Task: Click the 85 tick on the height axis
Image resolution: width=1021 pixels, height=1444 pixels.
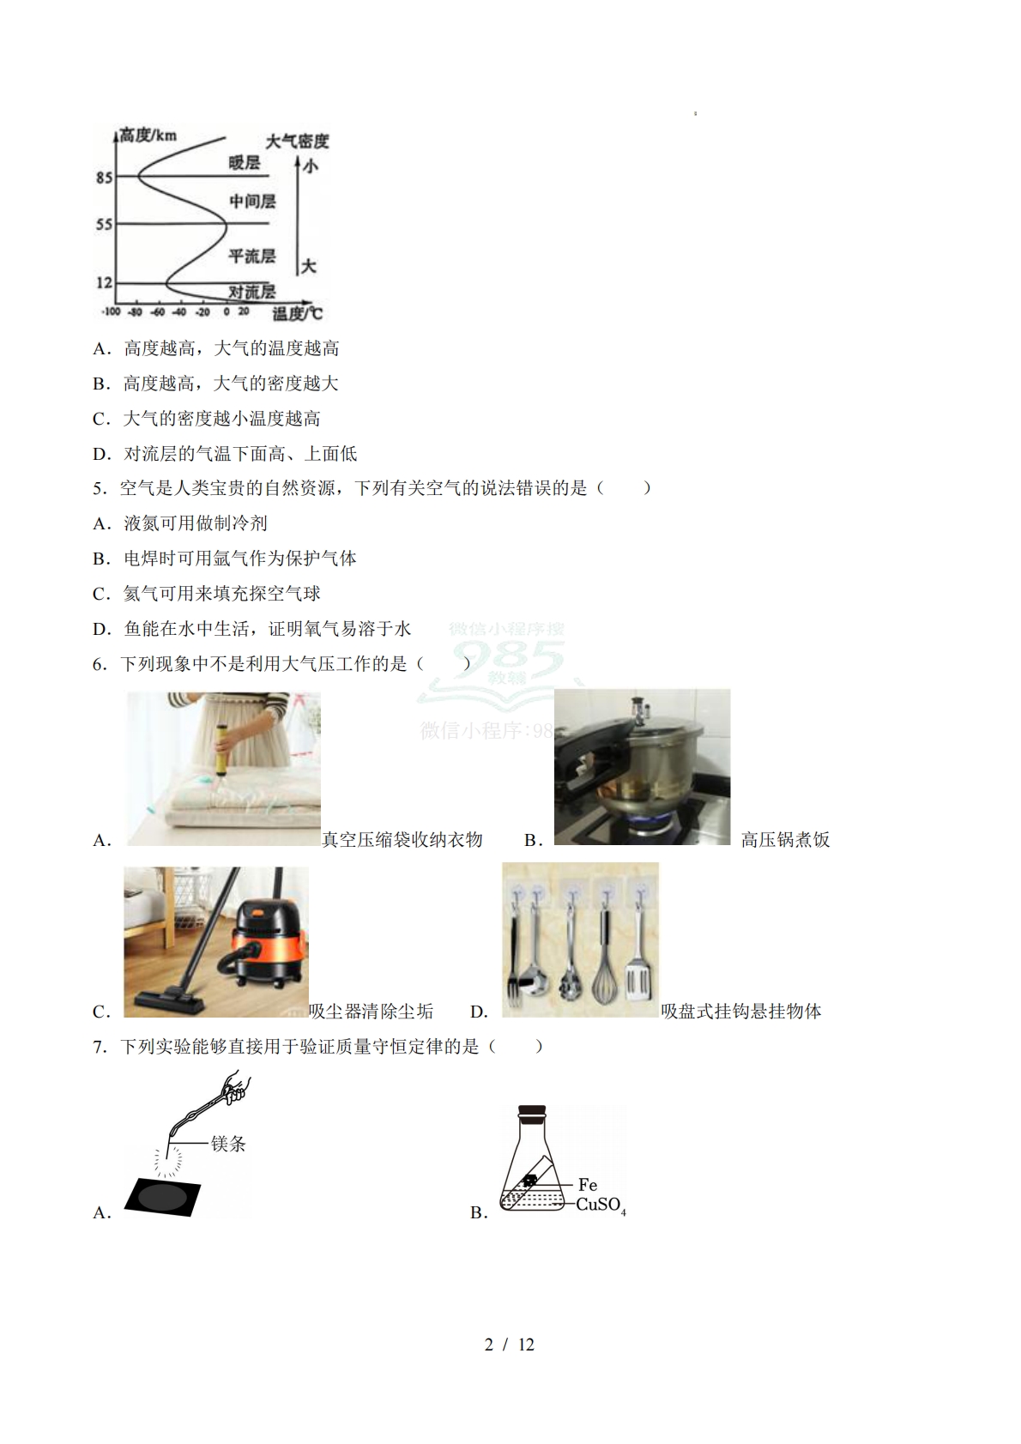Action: (105, 178)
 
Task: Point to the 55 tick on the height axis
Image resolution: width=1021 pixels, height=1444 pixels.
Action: (105, 225)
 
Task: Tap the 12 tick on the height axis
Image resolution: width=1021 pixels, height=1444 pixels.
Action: (105, 282)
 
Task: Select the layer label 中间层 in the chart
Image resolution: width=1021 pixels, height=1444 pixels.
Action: (252, 202)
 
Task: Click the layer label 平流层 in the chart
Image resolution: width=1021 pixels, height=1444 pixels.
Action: (252, 256)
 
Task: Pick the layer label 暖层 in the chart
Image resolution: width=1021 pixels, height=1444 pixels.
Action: (245, 162)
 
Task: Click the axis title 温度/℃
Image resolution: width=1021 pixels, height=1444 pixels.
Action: (297, 314)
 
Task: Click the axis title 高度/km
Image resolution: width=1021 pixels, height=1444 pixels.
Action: (148, 136)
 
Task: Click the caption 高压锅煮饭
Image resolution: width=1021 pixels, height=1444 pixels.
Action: (785, 840)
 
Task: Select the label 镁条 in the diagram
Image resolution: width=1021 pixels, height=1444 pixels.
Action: (228, 1144)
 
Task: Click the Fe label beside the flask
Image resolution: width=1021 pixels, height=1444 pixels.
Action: (588, 1185)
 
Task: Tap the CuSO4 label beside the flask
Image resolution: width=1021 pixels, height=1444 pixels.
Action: (601, 1205)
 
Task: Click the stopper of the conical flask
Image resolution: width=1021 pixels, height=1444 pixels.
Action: (532, 1112)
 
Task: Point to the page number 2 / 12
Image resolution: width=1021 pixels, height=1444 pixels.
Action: (510, 1344)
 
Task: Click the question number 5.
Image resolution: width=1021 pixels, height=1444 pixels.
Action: (98, 488)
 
